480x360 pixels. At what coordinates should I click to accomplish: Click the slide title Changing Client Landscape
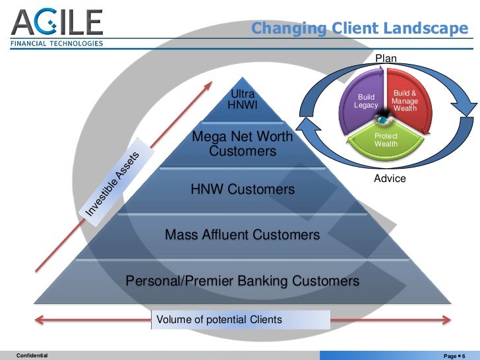click(x=359, y=28)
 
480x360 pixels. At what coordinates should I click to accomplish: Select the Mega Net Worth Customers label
click(x=242, y=144)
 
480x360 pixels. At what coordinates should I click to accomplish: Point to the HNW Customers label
click(x=243, y=190)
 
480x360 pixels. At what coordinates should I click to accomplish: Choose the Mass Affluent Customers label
click(x=242, y=234)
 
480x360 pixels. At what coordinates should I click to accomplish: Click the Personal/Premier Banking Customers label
click(x=242, y=281)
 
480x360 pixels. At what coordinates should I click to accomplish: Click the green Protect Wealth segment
click(x=386, y=140)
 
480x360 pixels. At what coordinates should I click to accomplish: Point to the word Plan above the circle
click(x=386, y=59)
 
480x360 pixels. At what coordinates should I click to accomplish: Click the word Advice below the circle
click(x=390, y=179)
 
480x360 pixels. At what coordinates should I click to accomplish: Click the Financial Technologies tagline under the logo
click(x=56, y=44)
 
